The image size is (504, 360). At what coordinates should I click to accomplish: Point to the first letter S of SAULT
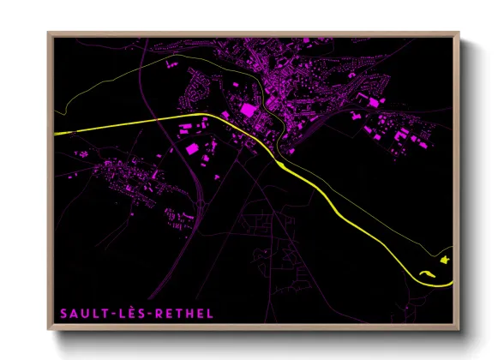pos(63,314)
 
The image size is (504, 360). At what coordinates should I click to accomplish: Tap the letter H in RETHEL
pos(190,314)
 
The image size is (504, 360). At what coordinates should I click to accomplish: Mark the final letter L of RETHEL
pos(210,314)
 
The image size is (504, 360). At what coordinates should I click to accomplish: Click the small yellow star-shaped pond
pos(444,259)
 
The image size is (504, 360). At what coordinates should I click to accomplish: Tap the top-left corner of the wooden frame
pos(48,33)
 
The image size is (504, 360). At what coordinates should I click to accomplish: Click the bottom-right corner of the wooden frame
pos(459,331)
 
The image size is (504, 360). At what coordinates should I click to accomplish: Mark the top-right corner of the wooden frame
pos(459,33)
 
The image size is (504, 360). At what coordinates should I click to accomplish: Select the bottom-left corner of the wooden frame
pos(48,331)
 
